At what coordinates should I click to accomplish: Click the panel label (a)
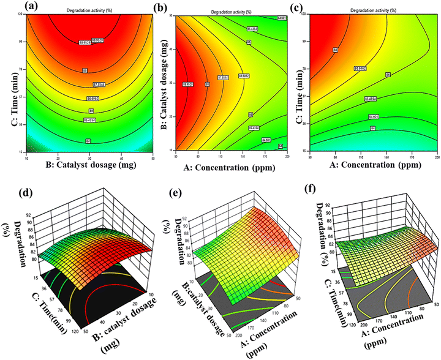click(x=13, y=7)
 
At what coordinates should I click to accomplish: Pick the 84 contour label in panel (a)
click(x=88, y=124)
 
